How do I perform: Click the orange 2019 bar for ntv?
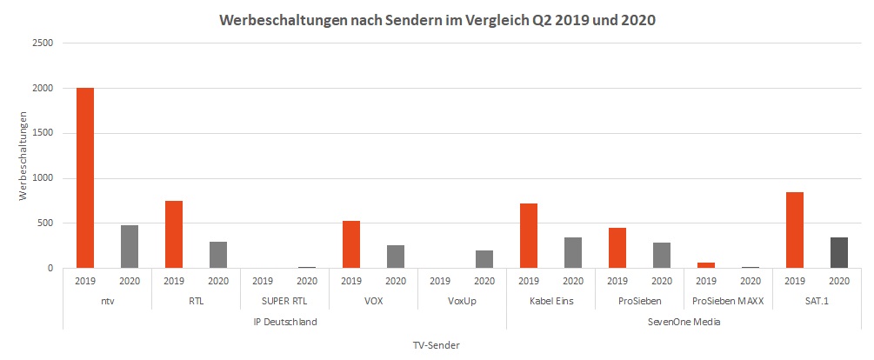point(84,178)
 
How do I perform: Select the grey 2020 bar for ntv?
point(129,246)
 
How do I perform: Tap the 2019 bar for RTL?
point(173,234)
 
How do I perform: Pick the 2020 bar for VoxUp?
point(484,259)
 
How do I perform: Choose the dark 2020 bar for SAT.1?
point(838,252)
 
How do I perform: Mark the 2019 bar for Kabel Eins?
point(528,236)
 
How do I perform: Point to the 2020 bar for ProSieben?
point(661,255)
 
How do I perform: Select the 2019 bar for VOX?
point(350,244)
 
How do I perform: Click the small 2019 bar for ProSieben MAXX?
point(705,264)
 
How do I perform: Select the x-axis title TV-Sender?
point(436,344)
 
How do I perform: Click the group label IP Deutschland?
point(284,321)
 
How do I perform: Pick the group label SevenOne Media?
point(684,321)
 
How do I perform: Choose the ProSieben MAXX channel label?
point(727,301)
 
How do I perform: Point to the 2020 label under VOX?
point(395,281)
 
